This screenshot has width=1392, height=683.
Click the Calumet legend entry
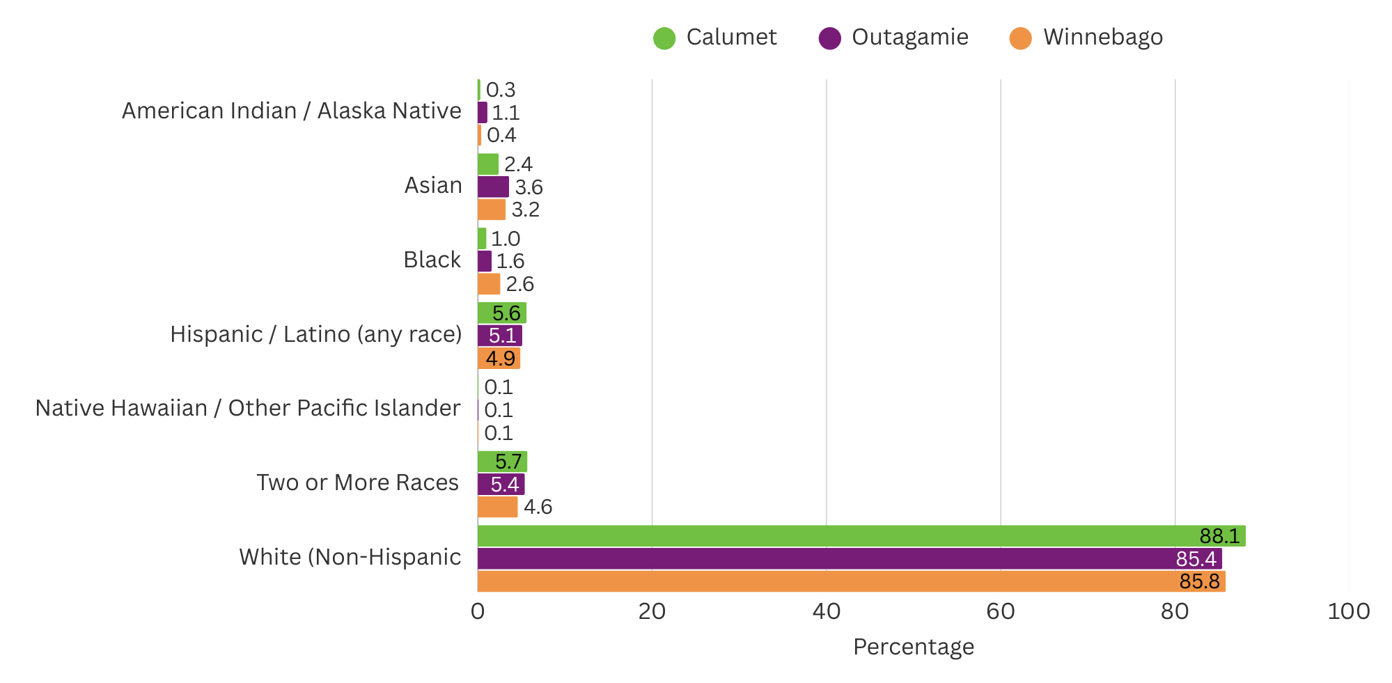(x=714, y=38)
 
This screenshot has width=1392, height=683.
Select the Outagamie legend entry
(x=893, y=38)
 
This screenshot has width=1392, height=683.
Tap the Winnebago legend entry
(x=1086, y=38)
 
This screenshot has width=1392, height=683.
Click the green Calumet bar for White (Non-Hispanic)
(x=836, y=536)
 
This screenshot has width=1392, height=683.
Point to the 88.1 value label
(x=1219, y=536)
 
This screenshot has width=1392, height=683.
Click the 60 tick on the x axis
(x=1001, y=612)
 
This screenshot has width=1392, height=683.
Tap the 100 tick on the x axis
(x=1348, y=612)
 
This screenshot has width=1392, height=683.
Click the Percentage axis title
(x=913, y=647)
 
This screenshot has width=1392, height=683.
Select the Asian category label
(x=433, y=186)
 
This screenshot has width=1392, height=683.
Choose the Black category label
(x=432, y=260)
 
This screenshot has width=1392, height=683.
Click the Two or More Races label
(x=357, y=483)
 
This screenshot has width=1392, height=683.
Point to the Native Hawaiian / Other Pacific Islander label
(x=248, y=409)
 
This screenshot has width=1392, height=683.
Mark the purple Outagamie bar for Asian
(x=493, y=187)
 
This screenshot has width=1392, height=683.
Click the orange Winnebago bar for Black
(x=489, y=284)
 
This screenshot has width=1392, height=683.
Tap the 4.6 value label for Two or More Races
(x=538, y=507)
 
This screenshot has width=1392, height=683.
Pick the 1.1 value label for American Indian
(x=506, y=113)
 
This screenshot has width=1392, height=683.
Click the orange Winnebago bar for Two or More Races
(x=497, y=507)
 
